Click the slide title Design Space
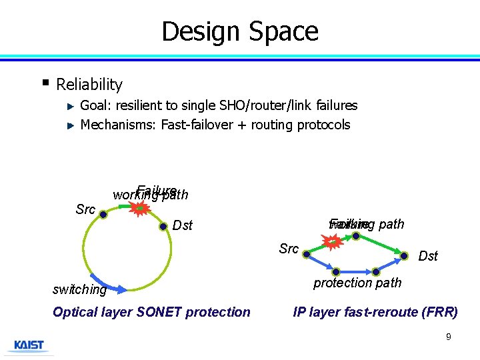pos(240,31)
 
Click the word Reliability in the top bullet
pos(89,85)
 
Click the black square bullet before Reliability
pos(45,83)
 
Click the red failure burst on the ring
pos(139,209)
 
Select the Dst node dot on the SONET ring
pos(163,226)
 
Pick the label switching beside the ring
pos(79,290)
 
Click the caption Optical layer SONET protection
pos(151,312)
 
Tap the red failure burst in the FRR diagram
pos(333,242)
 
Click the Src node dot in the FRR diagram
pos(306,253)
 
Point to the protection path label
pos(357,283)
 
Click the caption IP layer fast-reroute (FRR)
pos(375,312)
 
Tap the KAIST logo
pos(29,346)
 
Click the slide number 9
pos(448,337)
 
